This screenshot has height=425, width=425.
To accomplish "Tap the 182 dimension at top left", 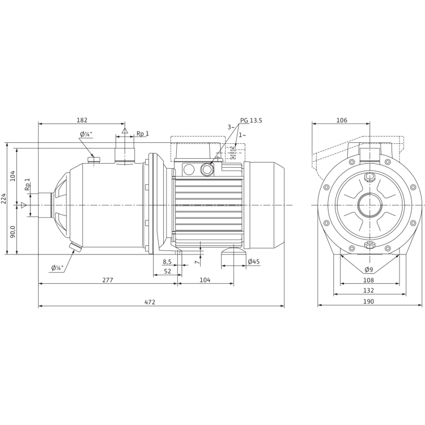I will tap(83, 120).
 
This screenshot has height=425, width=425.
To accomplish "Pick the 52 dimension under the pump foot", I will tap(167, 271).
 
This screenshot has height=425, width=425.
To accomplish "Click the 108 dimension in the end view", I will tap(369, 279).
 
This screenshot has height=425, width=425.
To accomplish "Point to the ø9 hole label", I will tap(368, 269).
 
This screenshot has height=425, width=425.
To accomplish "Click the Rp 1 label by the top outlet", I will tap(142, 134).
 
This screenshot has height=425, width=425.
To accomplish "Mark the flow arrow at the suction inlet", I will tap(24, 205).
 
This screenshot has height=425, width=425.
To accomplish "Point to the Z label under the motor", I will tap(195, 261).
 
